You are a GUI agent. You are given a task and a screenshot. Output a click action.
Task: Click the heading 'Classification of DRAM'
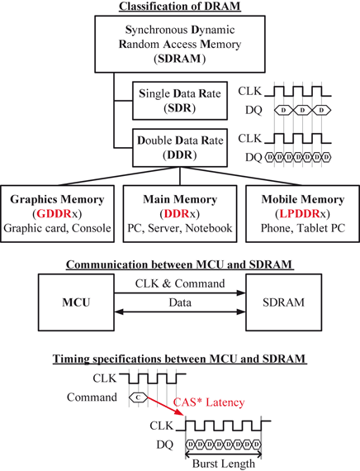(179, 7)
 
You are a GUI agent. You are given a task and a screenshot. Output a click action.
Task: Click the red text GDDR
(53, 214)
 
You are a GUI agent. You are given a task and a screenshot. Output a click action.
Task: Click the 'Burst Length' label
(225, 464)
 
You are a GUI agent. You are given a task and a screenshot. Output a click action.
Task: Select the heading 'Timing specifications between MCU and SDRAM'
(179, 359)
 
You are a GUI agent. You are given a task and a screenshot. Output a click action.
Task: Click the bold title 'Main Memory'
(179, 199)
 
